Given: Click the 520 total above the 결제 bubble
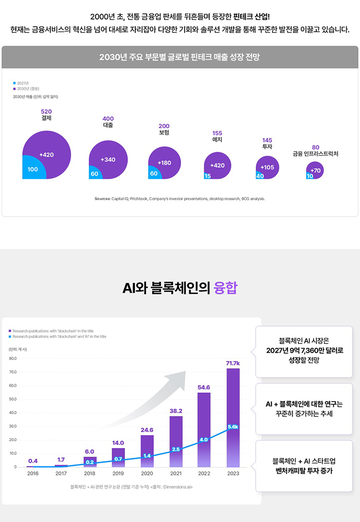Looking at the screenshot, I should coord(46,111).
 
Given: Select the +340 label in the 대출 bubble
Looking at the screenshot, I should coord(108,159).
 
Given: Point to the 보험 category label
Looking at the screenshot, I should coord(164,133).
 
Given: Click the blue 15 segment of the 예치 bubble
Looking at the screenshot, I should coord(207,176).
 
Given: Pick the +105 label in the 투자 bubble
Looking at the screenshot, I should coord(267,167).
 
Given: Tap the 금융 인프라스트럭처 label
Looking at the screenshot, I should coord(315,154).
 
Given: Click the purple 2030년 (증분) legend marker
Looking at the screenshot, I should coord(15,88).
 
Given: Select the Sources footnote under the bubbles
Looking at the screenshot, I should coord(179,199).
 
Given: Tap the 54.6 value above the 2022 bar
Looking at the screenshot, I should coord(204,387).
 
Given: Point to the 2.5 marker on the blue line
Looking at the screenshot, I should coord(175,449).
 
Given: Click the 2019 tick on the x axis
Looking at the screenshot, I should coord(118,473).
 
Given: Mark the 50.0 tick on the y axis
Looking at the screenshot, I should coord(12,399).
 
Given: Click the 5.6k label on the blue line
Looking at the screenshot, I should coord(233,427).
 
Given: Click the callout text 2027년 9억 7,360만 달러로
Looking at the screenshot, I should coord(305,350).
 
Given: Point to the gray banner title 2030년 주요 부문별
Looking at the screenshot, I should coord(179,57).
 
